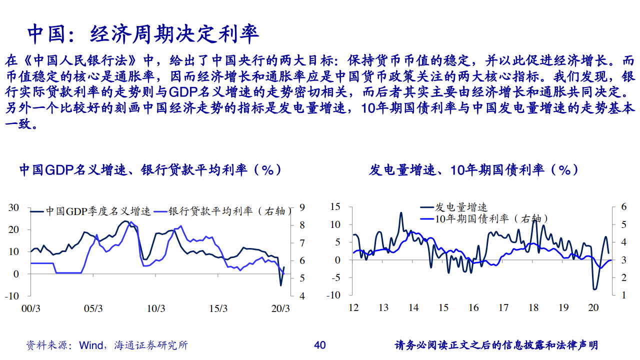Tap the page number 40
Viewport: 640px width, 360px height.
coord(319,345)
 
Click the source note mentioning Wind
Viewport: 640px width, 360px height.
coord(107,345)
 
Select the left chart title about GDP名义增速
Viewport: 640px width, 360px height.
coord(150,170)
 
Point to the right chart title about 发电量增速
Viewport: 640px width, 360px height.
coord(474,170)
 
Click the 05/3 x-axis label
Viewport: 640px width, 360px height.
coord(93,308)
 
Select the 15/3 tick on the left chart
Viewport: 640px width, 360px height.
coord(218,308)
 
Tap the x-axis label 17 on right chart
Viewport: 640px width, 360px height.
coord(503,307)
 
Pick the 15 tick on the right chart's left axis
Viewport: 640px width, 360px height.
coord(335,207)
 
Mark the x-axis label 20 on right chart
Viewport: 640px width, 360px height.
coord(594,307)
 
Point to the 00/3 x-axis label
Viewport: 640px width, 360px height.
coord(31,308)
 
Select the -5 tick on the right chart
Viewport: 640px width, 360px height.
coord(335,277)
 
